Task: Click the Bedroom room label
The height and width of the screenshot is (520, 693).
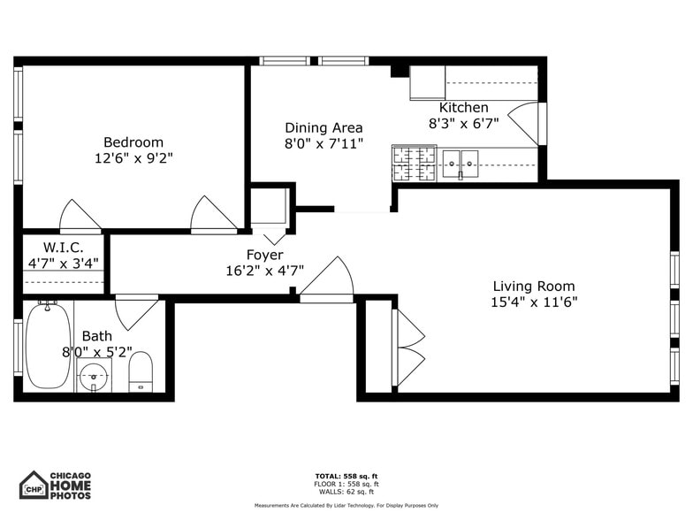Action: (133, 142)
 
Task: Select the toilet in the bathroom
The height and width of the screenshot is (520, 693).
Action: (141, 371)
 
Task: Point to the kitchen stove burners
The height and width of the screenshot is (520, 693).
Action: (414, 164)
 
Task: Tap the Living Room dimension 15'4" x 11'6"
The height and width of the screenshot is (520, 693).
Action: (534, 302)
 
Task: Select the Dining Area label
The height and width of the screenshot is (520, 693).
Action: (324, 127)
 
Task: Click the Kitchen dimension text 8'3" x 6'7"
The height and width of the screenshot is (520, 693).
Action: (464, 124)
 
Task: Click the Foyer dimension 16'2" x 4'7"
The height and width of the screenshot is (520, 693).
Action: (265, 271)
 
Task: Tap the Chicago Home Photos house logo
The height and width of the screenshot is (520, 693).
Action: (34, 485)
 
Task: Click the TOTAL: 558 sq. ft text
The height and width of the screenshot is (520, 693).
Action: (346, 476)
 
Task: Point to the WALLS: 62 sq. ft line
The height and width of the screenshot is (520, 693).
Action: (346, 492)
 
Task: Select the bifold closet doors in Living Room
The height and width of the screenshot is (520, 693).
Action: (408, 348)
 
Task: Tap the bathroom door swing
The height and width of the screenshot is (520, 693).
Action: (135, 310)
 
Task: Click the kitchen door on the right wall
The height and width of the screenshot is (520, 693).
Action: (526, 124)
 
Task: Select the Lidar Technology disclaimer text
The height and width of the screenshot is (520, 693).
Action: (346, 506)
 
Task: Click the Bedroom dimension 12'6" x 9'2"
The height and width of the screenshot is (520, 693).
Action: (133, 159)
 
